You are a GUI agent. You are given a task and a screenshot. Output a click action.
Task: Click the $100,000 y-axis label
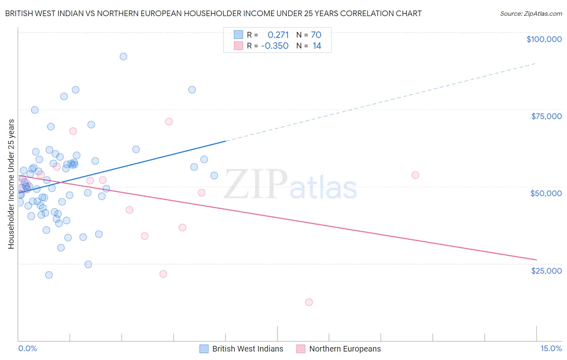pyautogui.click(x=544, y=39)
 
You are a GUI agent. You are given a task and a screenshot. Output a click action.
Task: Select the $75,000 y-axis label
pyautogui.click(x=546, y=116)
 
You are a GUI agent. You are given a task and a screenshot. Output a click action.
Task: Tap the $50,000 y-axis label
pyautogui.click(x=546, y=193)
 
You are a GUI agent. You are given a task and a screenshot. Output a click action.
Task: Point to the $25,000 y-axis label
pyautogui.click(x=546, y=270)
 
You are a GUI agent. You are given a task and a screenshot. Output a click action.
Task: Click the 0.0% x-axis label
pyautogui.click(x=27, y=349)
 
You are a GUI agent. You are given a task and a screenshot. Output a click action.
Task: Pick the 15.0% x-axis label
pyautogui.click(x=551, y=349)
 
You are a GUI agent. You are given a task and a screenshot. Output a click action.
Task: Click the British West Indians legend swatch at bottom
pyautogui.click(x=204, y=349)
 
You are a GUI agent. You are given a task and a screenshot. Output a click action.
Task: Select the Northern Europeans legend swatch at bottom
pyautogui.click(x=301, y=349)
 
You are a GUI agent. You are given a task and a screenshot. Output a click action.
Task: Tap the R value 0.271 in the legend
pyautogui.click(x=278, y=35)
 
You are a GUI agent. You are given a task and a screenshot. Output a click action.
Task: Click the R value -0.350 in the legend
pyautogui.click(x=275, y=46)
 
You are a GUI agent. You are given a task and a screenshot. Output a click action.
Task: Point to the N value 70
pyautogui.click(x=316, y=35)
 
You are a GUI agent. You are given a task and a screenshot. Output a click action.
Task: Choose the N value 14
pyautogui.click(x=317, y=46)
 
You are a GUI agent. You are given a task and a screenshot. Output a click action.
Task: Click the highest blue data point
pyautogui.click(x=123, y=57)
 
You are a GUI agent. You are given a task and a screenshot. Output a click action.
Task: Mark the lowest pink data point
pyautogui.click(x=309, y=302)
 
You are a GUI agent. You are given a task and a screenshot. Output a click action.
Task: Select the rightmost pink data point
pyautogui.click(x=415, y=175)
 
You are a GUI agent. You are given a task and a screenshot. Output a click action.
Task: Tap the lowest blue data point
pyautogui.click(x=49, y=275)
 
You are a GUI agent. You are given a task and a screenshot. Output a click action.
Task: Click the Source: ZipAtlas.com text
pyautogui.click(x=531, y=14)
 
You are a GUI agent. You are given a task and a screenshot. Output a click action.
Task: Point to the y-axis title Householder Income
pyautogui.click(x=11, y=184)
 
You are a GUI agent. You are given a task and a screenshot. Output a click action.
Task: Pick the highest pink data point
pyautogui.click(x=169, y=121)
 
